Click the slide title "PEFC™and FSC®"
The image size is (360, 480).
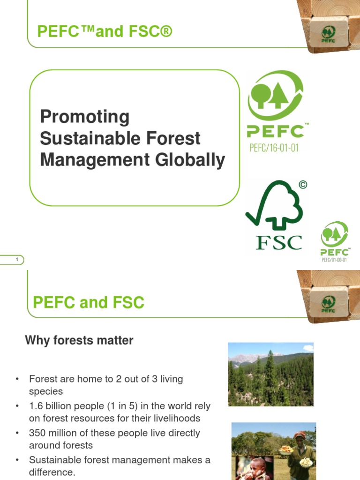coord(105,32)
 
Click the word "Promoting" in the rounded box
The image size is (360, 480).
coord(84,117)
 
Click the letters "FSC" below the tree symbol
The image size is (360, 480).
coord(278,242)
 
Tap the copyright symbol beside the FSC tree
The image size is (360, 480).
coord(303,185)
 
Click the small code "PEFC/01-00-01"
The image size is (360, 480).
coord(334,260)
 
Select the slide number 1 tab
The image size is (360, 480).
coord(17,260)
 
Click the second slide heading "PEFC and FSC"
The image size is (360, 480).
coord(89,302)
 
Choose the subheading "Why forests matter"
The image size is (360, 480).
coord(79,341)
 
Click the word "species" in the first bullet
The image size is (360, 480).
coord(46,391)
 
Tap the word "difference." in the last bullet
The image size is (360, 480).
coord(52,472)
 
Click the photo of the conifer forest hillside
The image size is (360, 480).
coord(270,374)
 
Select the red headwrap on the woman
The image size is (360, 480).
coord(299,435)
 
